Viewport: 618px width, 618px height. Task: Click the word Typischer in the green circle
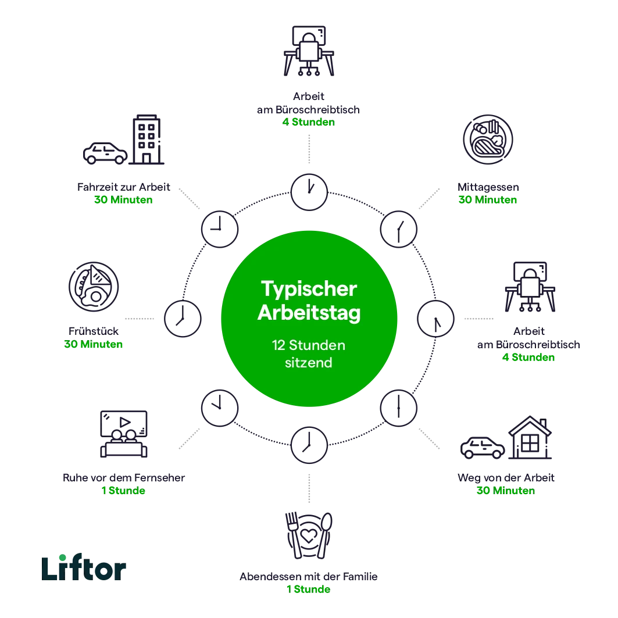tap(309, 289)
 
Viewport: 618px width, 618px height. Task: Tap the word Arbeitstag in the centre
tap(309, 313)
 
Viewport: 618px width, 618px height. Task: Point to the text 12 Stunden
tap(309, 345)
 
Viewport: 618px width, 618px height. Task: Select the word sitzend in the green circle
tap(309, 363)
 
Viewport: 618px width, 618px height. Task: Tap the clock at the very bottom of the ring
tap(309, 445)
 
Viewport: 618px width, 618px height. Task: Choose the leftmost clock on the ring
tap(183, 318)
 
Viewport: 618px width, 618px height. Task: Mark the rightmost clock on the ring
tap(435, 318)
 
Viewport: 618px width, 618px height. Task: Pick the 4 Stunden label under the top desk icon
tap(309, 122)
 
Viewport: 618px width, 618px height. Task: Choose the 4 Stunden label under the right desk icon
tap(529, 358)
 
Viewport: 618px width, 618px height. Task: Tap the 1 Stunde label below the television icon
tap(123, 492)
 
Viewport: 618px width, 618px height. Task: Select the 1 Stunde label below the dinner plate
tap(309, 590)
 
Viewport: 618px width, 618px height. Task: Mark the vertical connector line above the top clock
tap(309, 148)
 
